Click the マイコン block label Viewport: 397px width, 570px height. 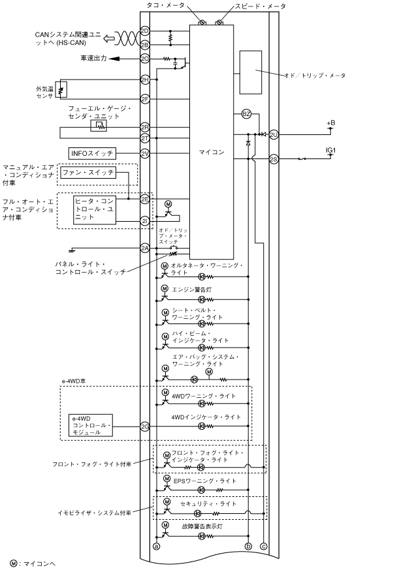click(212, 152)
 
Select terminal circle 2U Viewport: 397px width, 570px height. click(274, 135)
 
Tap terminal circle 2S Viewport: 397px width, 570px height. click(274, 159)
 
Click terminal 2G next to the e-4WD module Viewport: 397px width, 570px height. click(145, 427)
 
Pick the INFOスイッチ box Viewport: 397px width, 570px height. click(92, 153)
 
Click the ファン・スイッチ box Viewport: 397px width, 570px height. click(88, 172)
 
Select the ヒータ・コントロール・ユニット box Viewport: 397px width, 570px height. click(95, 209)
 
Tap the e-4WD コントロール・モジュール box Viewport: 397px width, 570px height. click(90, 425)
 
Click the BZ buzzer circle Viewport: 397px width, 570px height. click(246, 114)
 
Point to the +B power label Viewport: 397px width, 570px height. click(331, 123)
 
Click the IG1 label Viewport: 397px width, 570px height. click(331, 150)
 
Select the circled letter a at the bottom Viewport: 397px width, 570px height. click(157, 546)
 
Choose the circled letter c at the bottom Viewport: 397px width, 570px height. click(263, 546)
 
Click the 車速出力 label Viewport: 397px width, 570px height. click(93, 58)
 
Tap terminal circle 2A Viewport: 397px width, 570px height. click(145, 248)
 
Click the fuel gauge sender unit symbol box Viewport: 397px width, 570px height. click(99, 126)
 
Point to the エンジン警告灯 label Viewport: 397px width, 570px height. click(192, 290)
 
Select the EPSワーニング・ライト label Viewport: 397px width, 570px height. click(205, 481)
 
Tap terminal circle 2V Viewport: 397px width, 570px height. click(145, 153)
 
